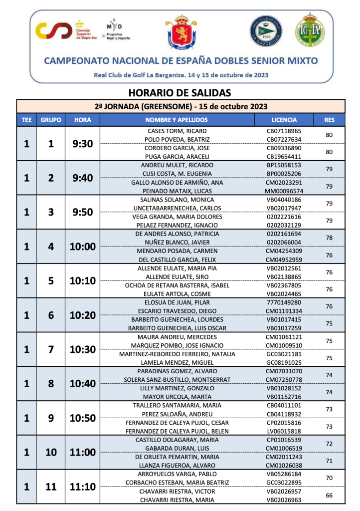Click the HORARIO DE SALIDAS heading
180,92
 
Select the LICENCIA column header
284,120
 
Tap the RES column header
329,120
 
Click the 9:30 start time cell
82,144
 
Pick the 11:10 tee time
82,487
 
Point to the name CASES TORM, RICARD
177,131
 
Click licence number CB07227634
284,139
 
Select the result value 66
329,496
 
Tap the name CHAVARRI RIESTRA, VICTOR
177,491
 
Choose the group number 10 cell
51,453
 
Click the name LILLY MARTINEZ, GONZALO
177,388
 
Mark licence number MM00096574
284,191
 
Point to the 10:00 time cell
82,247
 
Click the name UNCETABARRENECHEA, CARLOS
177,208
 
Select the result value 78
329,238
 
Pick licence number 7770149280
284,302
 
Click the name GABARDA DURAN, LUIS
177,448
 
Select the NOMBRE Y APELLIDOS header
177,120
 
